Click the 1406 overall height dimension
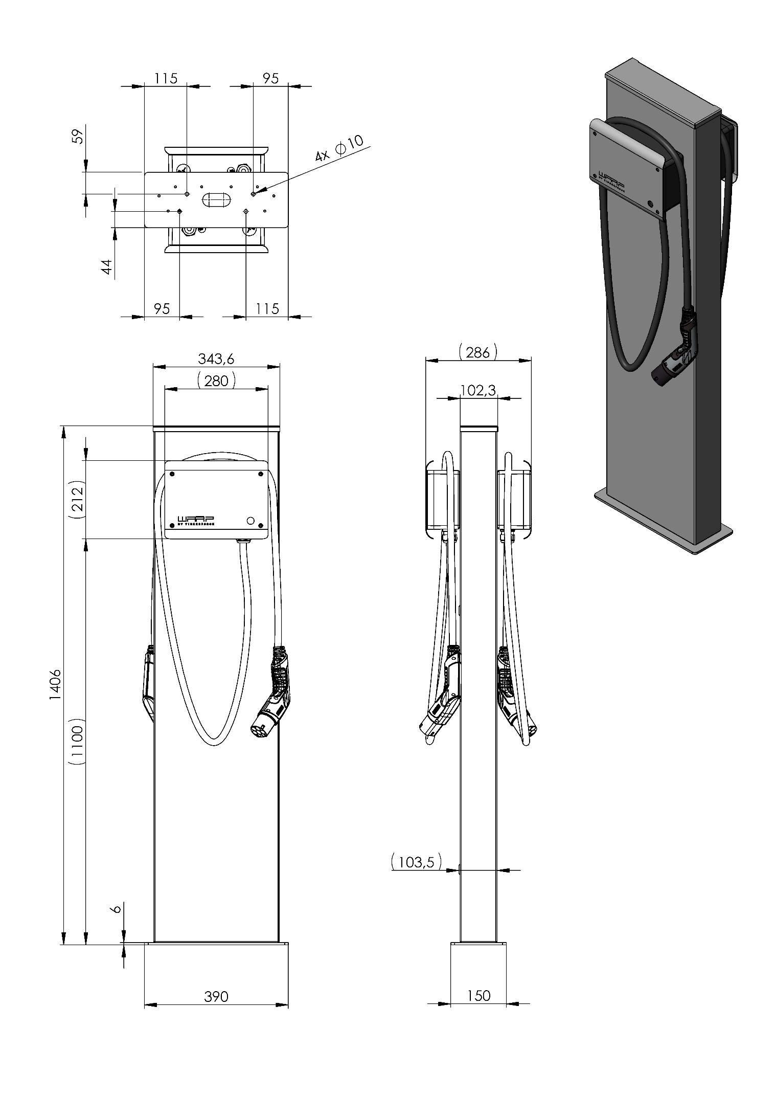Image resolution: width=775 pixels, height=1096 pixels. (x=56, y=685)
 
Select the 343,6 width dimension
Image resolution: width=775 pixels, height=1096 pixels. (x=216, y=359)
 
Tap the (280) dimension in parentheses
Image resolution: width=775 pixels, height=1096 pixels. (x=216, y=381)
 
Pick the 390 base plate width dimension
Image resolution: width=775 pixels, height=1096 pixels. (x=216, y=996)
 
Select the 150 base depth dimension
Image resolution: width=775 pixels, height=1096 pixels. (x=478, y=995)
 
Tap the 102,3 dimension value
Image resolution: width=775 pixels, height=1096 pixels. (x=478, y=390)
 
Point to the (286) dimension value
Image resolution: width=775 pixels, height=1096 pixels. (x=478, y=352)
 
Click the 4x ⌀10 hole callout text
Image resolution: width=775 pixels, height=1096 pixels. (x=339, y=148)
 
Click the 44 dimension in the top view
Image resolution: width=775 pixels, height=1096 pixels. (x=106, y=266)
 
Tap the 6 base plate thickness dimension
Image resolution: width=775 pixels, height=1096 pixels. (x=116, y=908)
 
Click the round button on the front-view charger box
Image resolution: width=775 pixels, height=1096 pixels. (x=250, y=521)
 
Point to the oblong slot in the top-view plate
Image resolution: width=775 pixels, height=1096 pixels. (x=216, y=199)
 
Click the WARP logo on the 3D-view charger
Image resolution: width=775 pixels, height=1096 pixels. (x=611, y=176)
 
